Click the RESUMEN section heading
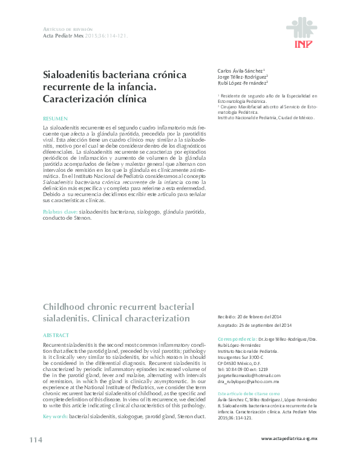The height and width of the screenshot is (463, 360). (x=56, y=119)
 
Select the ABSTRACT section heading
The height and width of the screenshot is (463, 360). (x=56, y=334)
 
